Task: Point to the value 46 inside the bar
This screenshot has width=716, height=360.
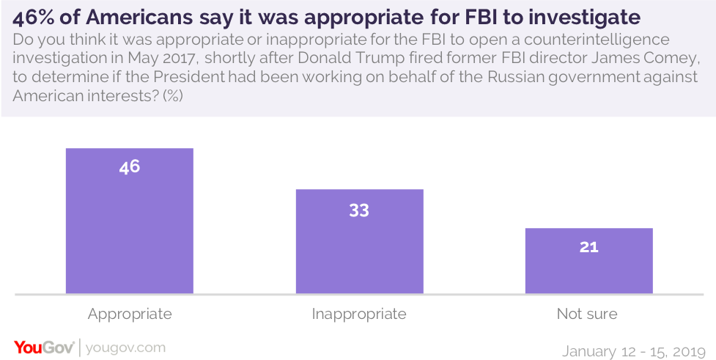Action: (130, 166)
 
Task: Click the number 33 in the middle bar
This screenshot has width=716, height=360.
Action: (359, 210)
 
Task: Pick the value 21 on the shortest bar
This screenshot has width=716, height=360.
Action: (588, 247)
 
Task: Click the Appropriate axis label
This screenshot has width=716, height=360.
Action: (130, 314)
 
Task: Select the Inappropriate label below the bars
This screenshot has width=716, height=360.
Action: (359, 314)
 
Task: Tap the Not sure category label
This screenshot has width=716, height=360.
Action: (587, 314)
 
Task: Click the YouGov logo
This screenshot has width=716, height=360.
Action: (43, 347)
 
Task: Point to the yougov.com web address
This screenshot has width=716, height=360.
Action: (126, 347)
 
